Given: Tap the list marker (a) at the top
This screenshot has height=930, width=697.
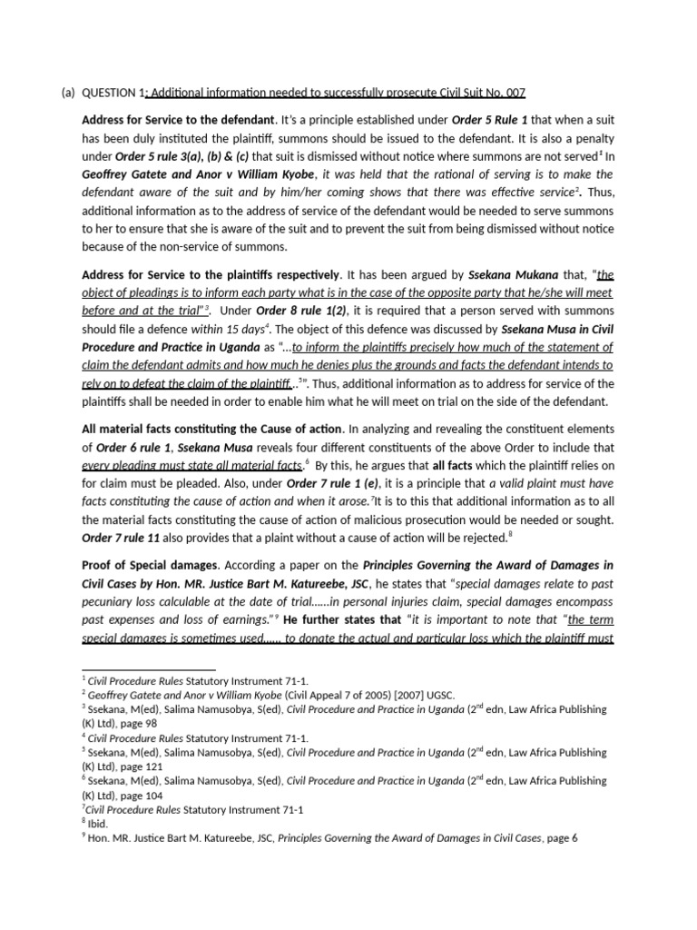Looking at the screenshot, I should tap(68, 93).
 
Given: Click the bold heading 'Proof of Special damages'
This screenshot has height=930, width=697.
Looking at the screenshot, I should tap(146, 565).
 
